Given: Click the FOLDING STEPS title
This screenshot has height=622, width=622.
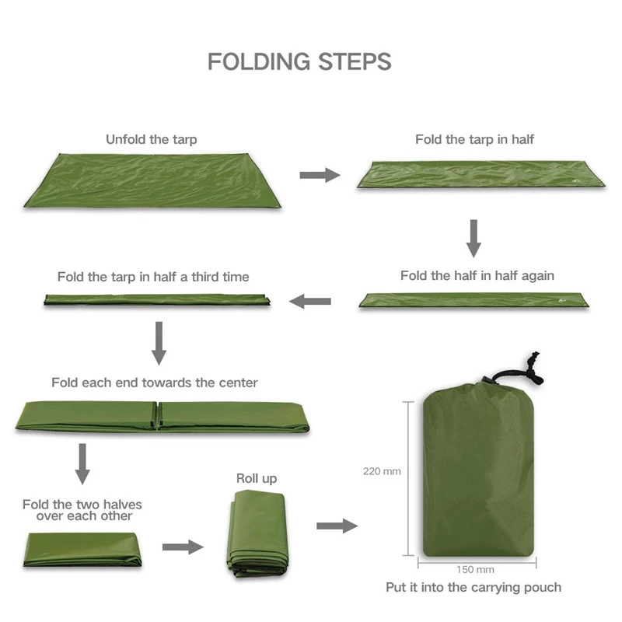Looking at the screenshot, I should (299, 61).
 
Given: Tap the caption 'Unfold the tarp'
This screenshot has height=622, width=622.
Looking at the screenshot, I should (152, 140).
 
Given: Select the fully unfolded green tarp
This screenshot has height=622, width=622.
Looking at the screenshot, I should (152, 180).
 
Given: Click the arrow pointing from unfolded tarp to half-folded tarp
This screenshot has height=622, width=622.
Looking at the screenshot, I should (320, 175).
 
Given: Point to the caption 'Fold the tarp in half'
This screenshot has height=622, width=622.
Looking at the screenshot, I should (474, 140).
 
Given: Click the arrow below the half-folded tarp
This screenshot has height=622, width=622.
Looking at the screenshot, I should (473, 238).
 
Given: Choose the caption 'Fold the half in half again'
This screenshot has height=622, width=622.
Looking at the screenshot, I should (477, 276).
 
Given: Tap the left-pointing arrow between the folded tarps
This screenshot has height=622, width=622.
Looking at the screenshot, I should (310, 301).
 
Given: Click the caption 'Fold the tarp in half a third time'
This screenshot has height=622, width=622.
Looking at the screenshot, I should (153, 277).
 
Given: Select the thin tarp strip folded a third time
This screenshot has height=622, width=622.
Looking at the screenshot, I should (156, 299).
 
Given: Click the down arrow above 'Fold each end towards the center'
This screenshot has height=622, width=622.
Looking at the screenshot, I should (159, 343).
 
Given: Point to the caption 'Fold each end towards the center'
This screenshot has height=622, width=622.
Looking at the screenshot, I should (155, 383).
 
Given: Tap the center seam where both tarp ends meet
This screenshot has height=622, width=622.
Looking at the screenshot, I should (158, 416).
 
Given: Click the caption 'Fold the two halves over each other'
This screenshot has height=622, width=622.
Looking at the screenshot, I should (82, 510).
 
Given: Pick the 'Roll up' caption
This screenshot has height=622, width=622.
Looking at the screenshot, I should (257, 478).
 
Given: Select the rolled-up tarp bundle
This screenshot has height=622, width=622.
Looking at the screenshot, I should (257, 533).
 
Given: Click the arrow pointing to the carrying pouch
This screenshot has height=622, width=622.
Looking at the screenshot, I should (337, 526).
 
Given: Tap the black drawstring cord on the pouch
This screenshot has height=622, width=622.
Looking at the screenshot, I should (529, 369).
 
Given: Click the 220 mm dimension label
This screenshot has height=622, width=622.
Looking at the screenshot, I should (382, 471).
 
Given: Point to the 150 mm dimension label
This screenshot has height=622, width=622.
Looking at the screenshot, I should (475, 569).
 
